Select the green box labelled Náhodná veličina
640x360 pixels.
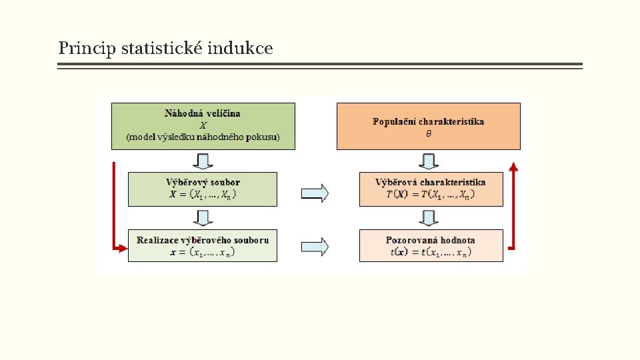(203, 125)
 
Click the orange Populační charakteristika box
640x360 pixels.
(428, 125)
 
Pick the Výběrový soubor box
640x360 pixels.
(203, 189)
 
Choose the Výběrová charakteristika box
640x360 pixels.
(431, 189)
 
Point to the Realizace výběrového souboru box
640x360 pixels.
(203, 245)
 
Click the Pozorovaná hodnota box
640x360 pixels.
(431, 245)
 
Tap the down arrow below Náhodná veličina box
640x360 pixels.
(203, 161)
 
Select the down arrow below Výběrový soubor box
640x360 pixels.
(203, 218)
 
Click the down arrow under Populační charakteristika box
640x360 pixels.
(429, 161)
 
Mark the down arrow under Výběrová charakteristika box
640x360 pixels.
(429, 218)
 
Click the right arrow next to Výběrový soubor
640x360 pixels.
(315, 193)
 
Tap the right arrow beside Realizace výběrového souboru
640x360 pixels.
(315, 247)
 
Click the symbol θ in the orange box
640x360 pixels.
(429, 133)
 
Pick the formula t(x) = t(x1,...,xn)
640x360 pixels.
(431, 252)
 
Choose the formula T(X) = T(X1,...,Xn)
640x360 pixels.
(431, 195)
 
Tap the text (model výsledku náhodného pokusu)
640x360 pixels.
(203, 137)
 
